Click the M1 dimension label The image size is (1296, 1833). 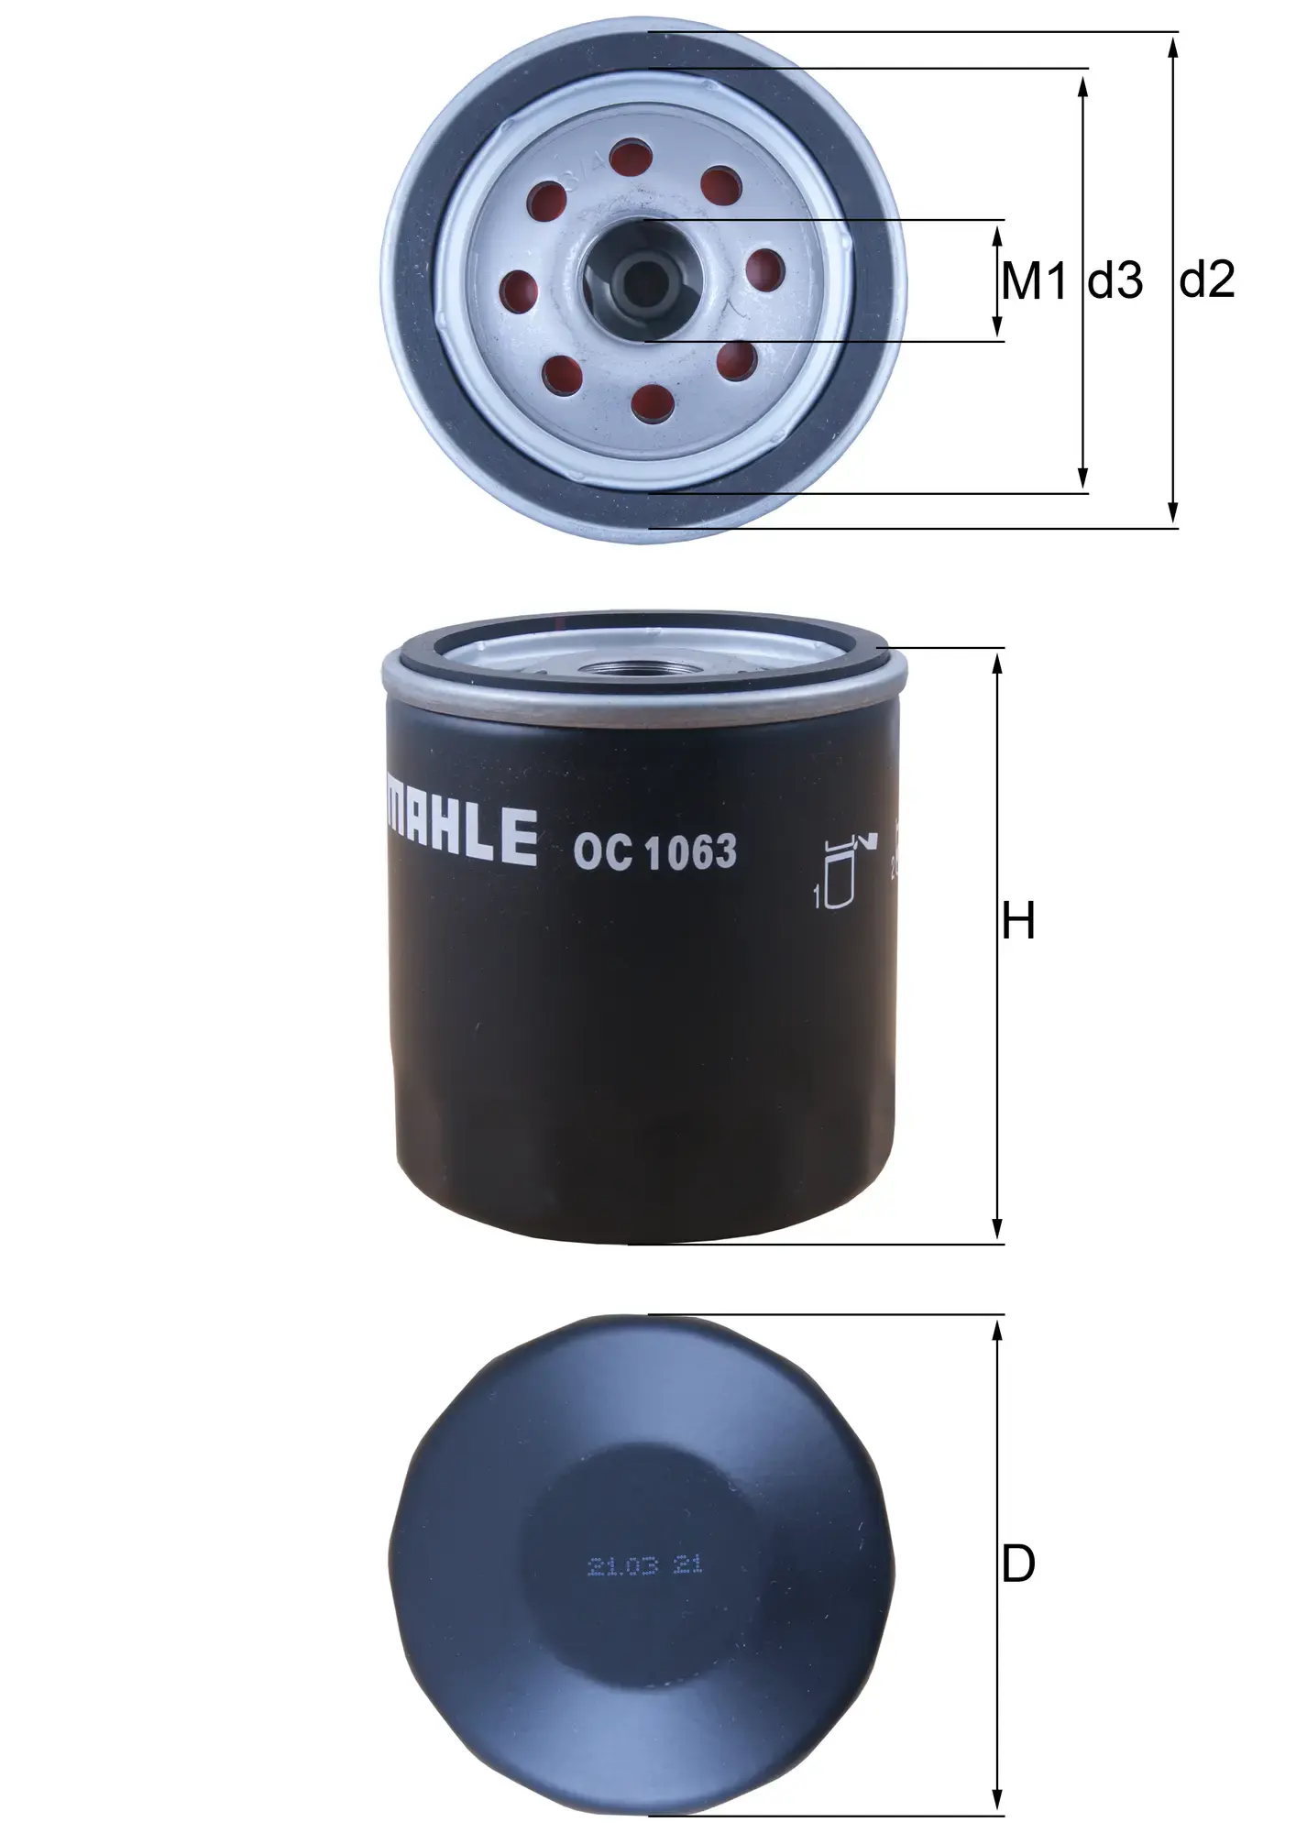coord(1034,281)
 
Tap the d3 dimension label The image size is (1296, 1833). coord(1115,281)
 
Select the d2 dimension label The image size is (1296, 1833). coord(1207,280)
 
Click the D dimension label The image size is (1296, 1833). coord(1018,1564)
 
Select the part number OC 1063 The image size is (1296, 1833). coord(654,852)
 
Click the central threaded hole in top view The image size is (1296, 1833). coord(643,279)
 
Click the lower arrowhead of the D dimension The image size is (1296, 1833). coord(998,1802)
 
